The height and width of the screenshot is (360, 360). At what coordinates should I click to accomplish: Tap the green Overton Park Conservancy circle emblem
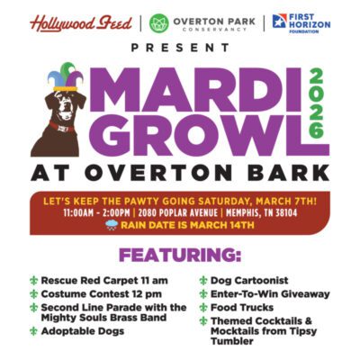tap(159, 22)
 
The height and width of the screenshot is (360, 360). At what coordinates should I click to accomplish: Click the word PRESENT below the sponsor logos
tap(180, 46)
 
